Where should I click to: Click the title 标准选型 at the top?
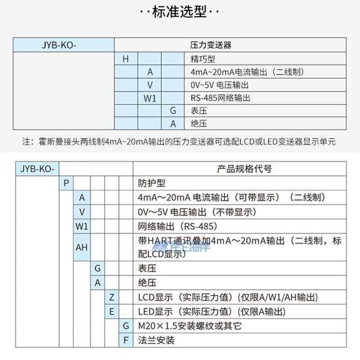coord(180,12)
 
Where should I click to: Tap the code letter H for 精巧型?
coord(126,58)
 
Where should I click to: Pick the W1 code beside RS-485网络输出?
coord(149,98)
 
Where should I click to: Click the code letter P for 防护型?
coord(66,183)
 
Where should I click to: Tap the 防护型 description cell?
coord(152,183)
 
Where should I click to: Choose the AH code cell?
coord(81,247)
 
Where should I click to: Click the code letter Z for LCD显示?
coord(112,297)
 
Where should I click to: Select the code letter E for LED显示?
coord(112,311)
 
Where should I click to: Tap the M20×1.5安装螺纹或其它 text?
coord(189,326)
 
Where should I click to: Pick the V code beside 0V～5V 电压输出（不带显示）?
coord(81,211)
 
